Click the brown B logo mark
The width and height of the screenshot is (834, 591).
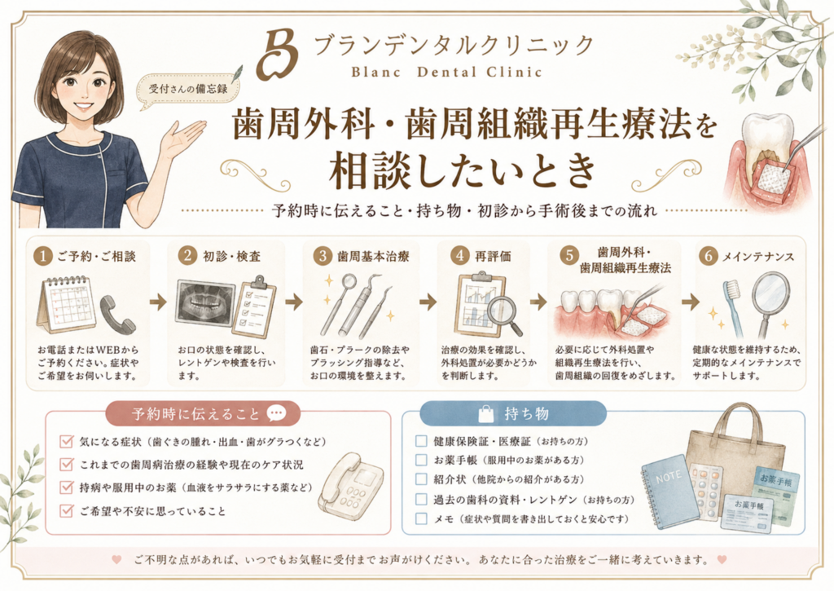[x=278, y=55]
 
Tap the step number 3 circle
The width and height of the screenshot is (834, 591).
[x=323, y=256]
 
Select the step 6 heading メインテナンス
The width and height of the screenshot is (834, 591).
[x=758, y=257]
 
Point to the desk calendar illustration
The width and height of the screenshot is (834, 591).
[x=66, y=305]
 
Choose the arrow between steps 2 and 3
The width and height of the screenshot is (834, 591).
[x=294, y=302]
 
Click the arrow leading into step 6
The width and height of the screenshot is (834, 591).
[x=691, y=302]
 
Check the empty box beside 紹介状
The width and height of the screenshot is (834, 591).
[x=421, y=479]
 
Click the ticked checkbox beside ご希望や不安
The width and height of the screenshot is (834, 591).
[x=67, y=510]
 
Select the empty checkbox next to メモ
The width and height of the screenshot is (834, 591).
[x=421, y=518]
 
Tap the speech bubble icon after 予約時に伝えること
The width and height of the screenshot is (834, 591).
[x=276, y=413]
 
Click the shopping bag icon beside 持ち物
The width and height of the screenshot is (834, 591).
[x=486, y=414]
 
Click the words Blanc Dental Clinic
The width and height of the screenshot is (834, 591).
[x=446, y=72]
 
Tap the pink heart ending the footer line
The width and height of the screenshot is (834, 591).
[x=722, y=559]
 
